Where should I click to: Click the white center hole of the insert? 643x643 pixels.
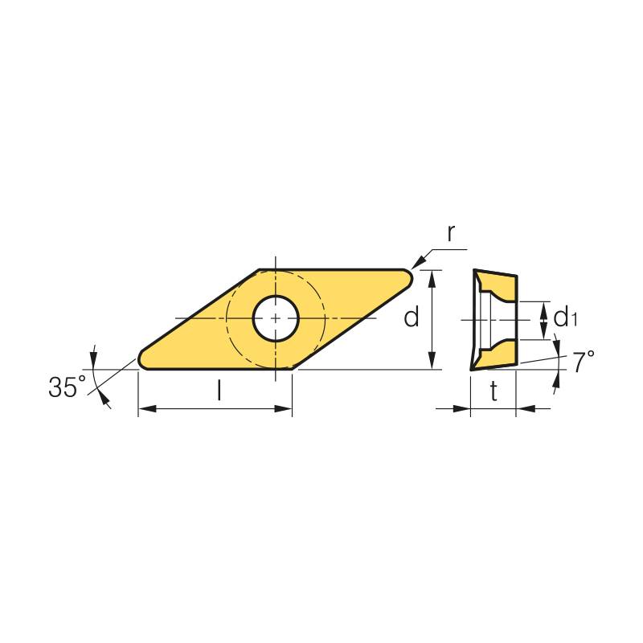coord(276,318)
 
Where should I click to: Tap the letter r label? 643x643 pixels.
coord(451,233)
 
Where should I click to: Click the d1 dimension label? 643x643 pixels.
coord(566,317)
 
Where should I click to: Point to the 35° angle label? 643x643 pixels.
coord(68,387)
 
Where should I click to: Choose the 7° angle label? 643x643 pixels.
coord(584,362)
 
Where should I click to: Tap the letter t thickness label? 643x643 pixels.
coord(494,391)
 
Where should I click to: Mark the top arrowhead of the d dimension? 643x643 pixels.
coord(432,278)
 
